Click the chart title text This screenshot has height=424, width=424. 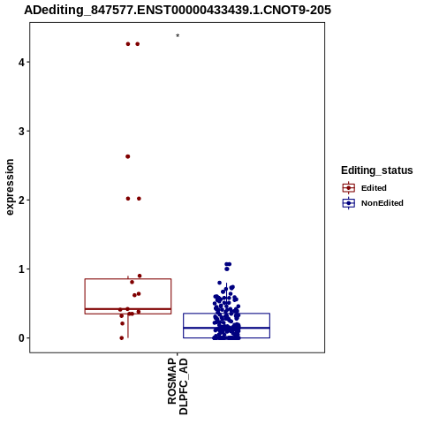[x=178, y=10]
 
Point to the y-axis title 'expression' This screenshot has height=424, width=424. [x=10, y=187]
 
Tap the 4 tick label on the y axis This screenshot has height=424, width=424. [x=21, y=62]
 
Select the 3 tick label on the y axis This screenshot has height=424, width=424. [x=21, y=131]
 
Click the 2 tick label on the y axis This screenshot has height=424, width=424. [x=21, y=200]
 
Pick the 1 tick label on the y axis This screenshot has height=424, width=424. [x=21, y=269]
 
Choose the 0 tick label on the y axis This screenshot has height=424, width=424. [x=21, y=338]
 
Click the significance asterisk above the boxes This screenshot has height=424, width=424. [x=178, y=35]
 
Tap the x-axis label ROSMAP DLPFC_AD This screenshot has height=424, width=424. [x=178, y=386]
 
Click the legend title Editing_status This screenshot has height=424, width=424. [x=376, y=170]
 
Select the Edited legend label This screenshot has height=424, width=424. [x=374, y=188]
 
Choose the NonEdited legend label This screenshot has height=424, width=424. [x=382, y=203]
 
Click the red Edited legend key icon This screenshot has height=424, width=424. [x=349, y=188]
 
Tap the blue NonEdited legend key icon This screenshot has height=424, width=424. [x=349, y=203]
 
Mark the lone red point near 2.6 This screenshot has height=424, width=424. [x=128, y=156]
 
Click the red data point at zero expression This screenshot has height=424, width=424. [x=122, y=338]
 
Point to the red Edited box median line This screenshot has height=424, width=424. [x=128, y=309]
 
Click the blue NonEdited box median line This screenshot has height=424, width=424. [x=226, y=328]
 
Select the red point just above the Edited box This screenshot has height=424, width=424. [x=140, y=276]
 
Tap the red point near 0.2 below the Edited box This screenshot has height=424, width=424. [x=123, y=323]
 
